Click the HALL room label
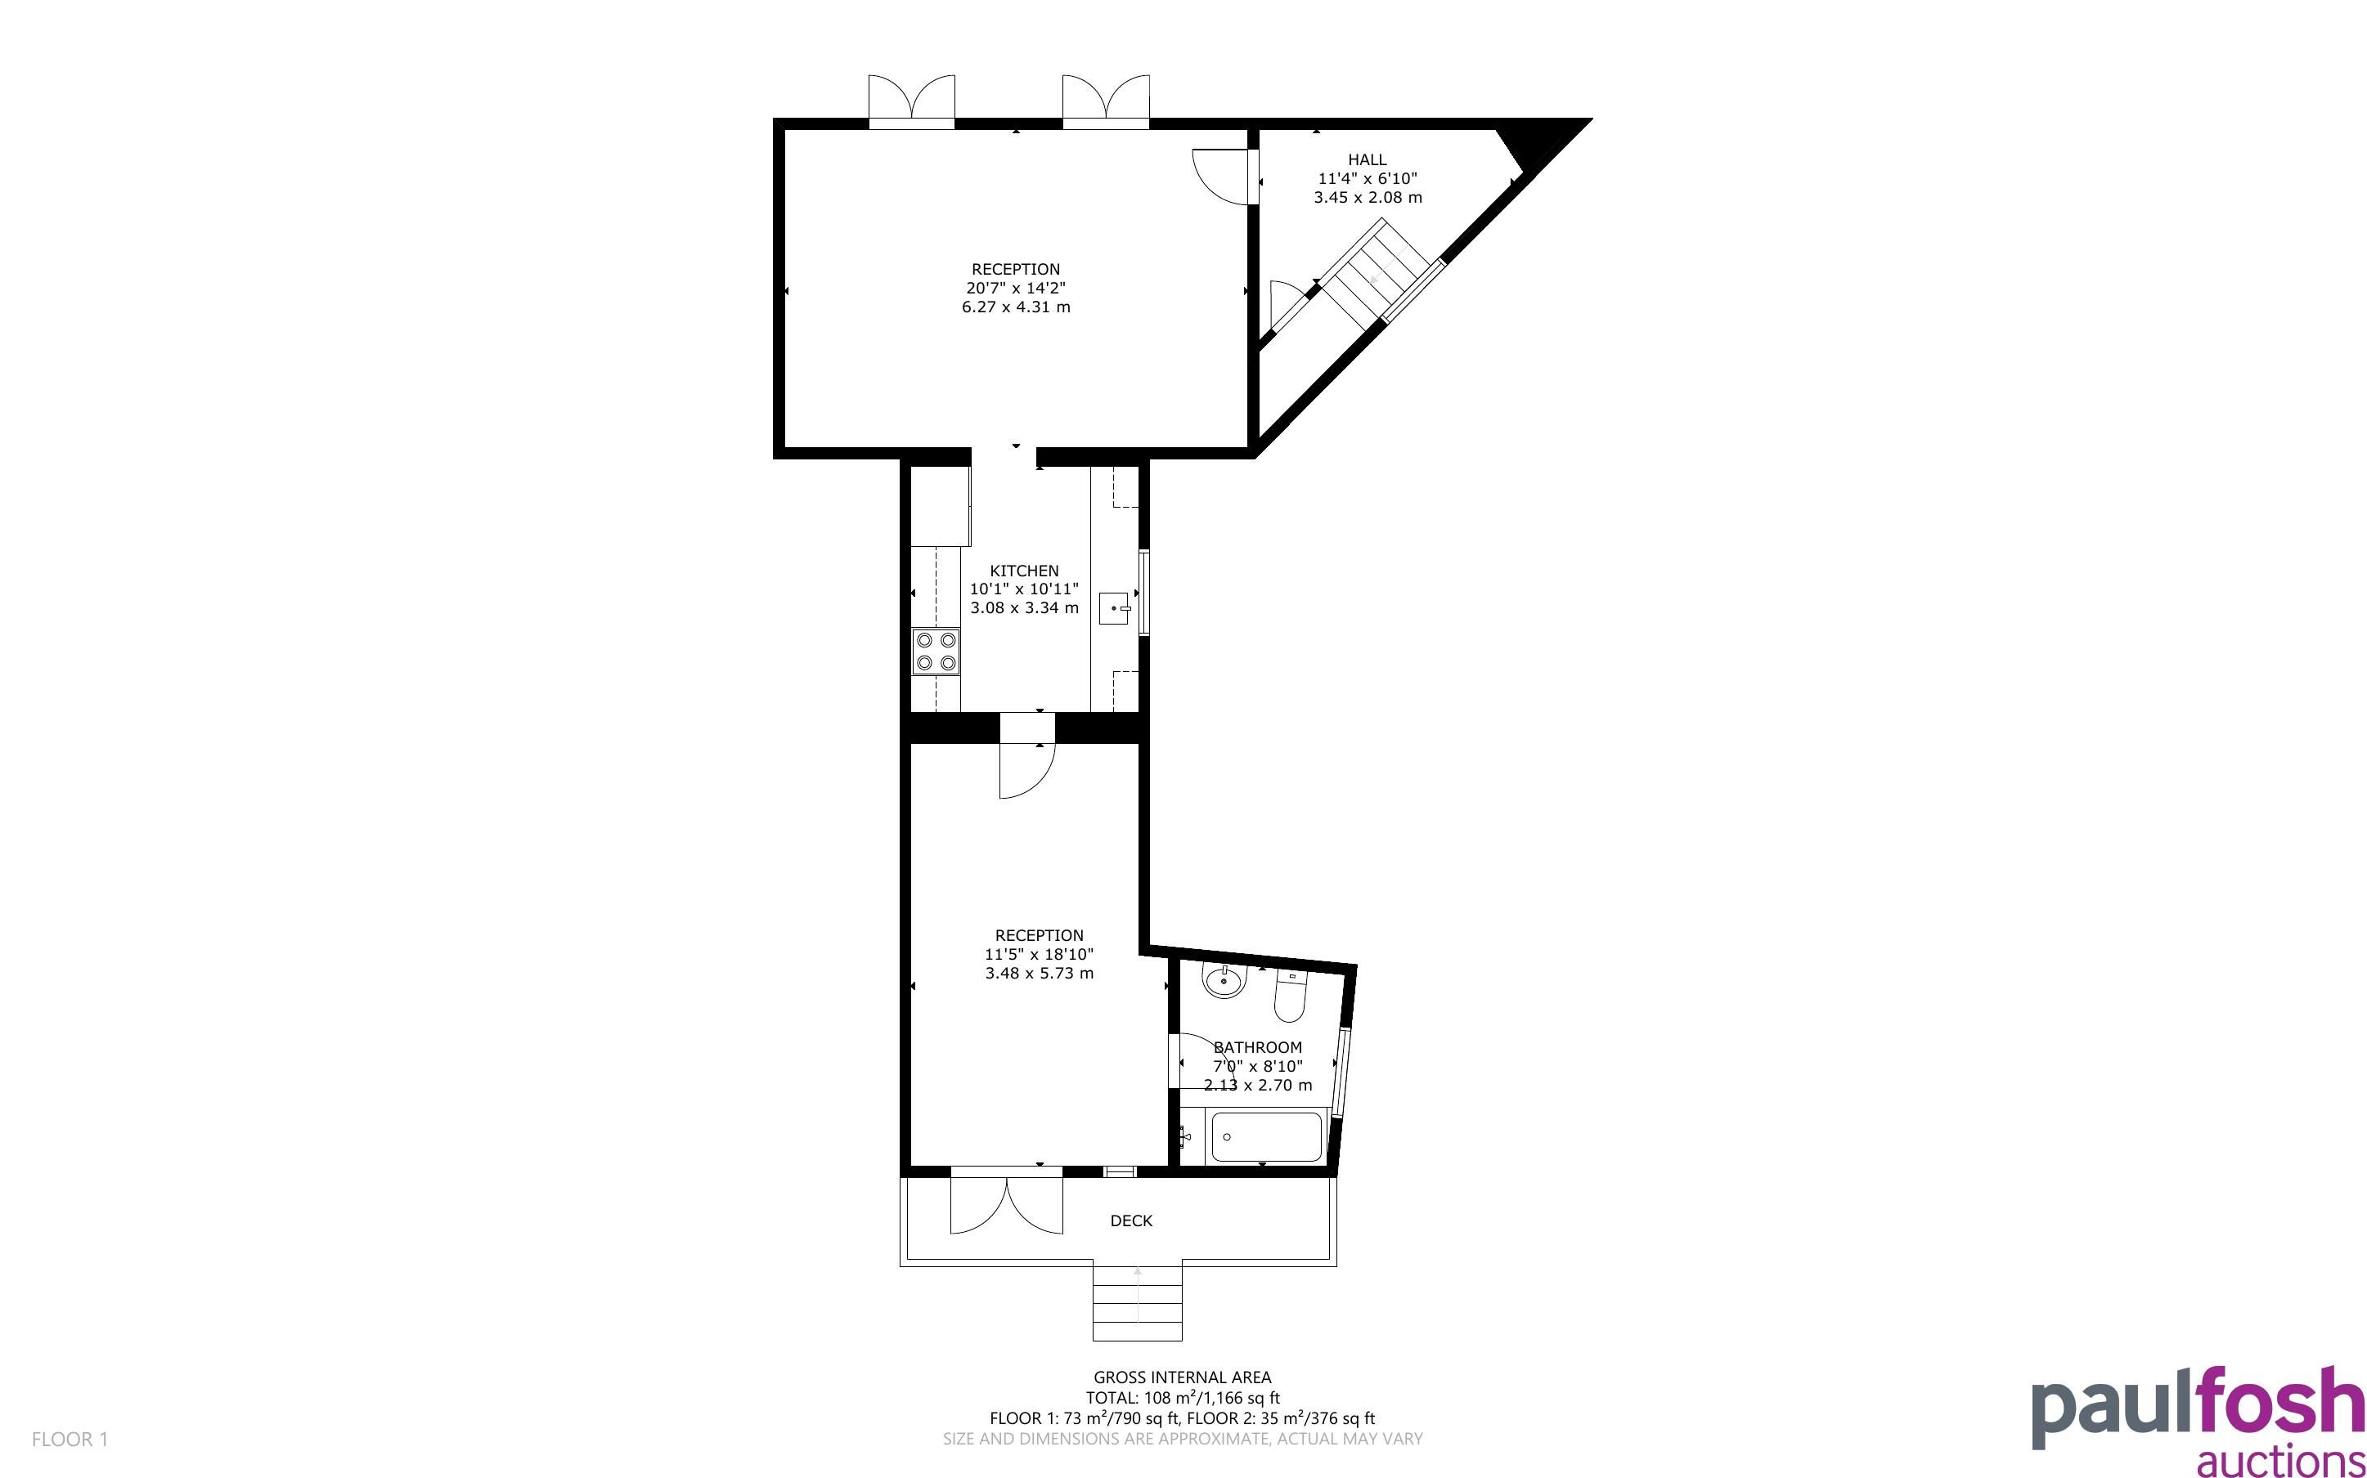[1367, 159]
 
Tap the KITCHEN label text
[1024, 571]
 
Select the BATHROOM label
[1257, 1047]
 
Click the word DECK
[1131, 1221]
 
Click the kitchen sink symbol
[1115, 608]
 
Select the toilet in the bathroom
[1291, 995]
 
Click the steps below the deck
[1137, 1303]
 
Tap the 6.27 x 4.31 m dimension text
[1016, 307]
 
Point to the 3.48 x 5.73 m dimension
[1040, 973]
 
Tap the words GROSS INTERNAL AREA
[1182, 1377]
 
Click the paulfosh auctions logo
[2198, 1422]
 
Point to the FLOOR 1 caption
[70, 1439]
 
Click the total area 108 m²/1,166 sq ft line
[1182, 1398]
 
